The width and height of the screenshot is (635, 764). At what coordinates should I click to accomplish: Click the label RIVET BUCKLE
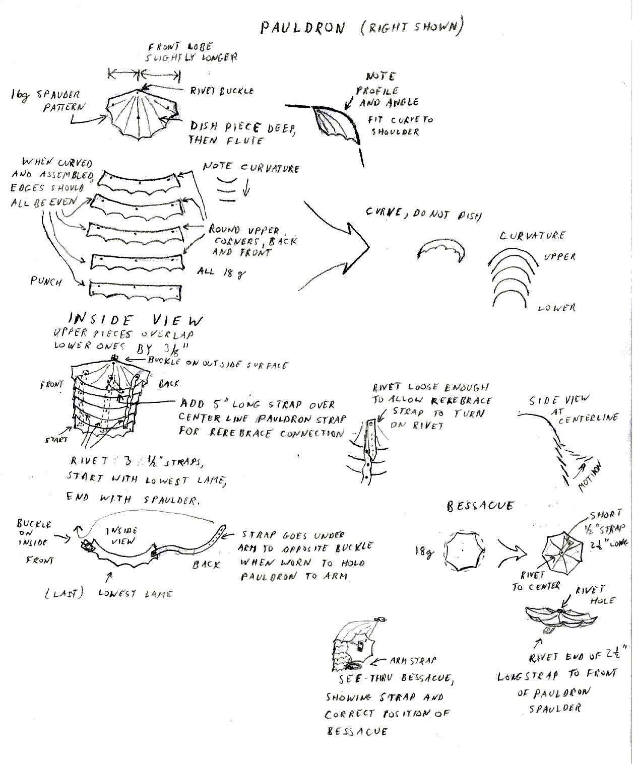pos(221,91)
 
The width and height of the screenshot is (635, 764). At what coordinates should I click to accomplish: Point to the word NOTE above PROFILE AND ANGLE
pos(380,77)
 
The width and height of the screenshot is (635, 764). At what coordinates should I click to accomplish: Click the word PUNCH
pos(46,281)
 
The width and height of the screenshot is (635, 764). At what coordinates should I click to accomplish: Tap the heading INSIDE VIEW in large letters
pos(136,320)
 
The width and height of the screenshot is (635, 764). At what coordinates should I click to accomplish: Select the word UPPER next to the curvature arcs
pos(559,256)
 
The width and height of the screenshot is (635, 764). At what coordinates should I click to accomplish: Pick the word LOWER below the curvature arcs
pos(556,308)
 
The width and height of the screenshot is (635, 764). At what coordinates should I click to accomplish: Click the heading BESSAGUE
pos(480,506)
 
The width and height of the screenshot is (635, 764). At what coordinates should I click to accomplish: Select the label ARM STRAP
pos(413,660)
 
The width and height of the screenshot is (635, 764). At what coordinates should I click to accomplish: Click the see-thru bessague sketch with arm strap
pos(355,647)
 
